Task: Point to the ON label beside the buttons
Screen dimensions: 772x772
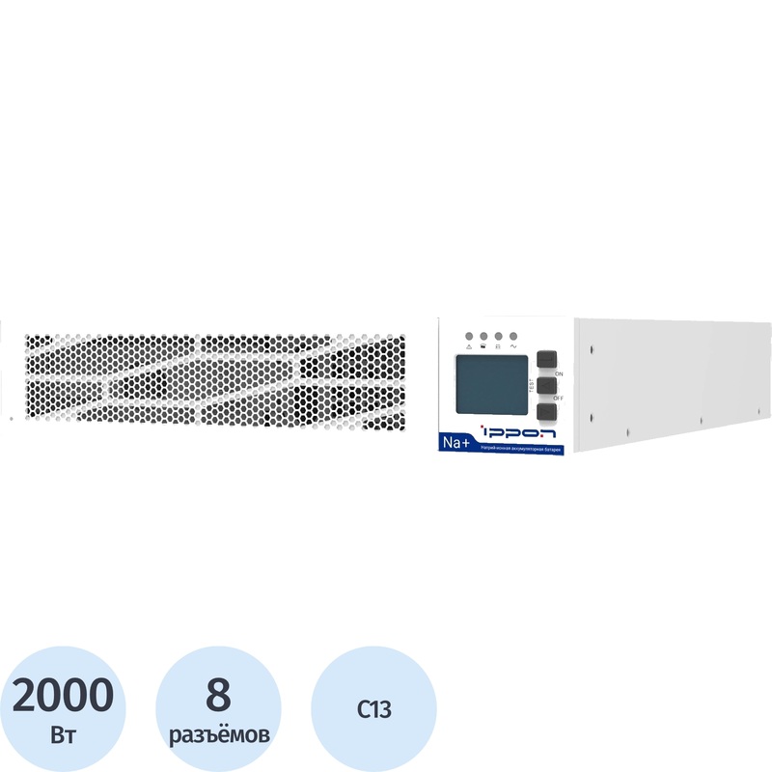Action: point(559,372)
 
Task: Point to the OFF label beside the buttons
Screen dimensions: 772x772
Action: point(559,398)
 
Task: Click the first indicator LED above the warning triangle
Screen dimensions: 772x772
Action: point(469,336)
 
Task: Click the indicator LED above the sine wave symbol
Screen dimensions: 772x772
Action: point(512,336)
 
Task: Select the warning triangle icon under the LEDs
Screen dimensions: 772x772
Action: point(469,345)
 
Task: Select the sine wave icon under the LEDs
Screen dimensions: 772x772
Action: point(512,345)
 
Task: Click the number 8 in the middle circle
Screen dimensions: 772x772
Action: point(219,694)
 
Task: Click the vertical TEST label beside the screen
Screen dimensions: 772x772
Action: point(533,385)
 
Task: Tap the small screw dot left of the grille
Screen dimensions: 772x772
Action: point(11,419)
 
